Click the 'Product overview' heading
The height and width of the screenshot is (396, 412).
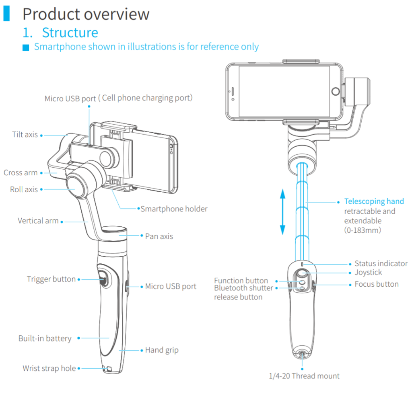(x=86, y=14)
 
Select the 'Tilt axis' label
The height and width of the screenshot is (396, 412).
(x=25, y=135)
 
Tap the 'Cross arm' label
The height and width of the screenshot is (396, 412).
(x=21, y=173)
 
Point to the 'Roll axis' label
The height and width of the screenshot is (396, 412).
(x=24, y=190)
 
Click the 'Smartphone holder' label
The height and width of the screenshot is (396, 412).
(x=174, y=209)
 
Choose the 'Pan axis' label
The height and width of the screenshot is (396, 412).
(x=159, y=236)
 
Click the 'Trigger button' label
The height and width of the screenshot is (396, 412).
(x=51, y=279)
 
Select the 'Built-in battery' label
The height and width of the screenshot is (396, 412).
(x=45, y=339)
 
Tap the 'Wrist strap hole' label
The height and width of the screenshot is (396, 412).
(x=49, y=368)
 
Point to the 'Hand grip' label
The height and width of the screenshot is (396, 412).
(x=162, y=350)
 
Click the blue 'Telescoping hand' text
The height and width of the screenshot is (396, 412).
(x=374, y=201)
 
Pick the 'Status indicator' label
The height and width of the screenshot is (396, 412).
(x=381, y=263)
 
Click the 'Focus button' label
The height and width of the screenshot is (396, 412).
(x=377, y=284)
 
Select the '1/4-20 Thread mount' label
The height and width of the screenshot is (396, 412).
(x=304, y=376)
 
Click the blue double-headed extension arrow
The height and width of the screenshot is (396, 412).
(x=283, y=211)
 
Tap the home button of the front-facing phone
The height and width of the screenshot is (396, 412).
(x=336, y=91)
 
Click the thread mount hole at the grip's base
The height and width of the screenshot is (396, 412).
(x=302, y=354)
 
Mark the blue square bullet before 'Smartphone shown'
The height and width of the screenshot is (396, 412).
(x=26, y=47)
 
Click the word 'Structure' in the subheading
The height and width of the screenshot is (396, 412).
(x=70, y=33)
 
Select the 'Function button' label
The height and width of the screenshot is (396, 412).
(x=241, y=281)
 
